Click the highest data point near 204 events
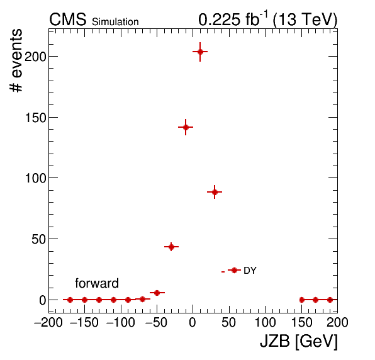[x=200, y=52]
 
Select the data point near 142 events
[x=186, y=127]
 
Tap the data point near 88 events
[x=215, y=192]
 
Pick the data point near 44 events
[x=171, y=247]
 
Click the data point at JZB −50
[x=157, y=293]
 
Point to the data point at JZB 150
[x=301, y=300]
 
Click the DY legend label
[x=250, y=271]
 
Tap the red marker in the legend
[x=234, y=270]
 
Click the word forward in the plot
[x=97, y=283]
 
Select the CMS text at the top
[x=68, y=20]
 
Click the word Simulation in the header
[x=115, y=22]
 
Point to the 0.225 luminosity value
[x=220, y=20]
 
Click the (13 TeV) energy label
[x=305, y=20]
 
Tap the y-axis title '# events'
[x=16, y=60]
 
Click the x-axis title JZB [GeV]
[x=299, y=340]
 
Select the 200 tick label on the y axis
[x=35, y=57]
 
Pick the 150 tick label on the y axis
[x=35, y=118]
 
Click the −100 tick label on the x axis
[x=121, y=322]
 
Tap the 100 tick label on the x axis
[x=266, y=322]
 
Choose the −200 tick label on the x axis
[x=48, y=322]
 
